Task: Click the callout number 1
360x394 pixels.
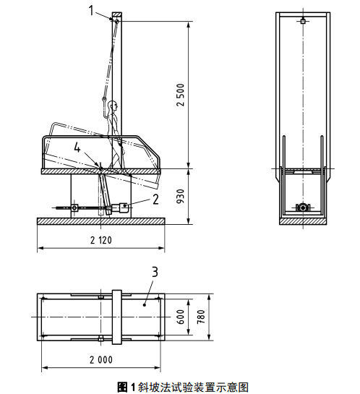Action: (x=91, y=11)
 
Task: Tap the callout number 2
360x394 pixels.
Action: (x=155, y=200)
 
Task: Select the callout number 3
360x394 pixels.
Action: (x=155, y=272)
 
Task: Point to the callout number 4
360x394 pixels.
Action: (x=77, y=147)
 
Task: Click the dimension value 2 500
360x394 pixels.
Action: (x=181, y=95)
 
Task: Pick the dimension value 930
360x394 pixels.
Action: (x=181, y=197)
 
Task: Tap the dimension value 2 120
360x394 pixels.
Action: (x=101, y=240)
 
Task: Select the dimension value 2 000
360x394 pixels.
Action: (x=101, y=360)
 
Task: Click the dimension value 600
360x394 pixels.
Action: (x=181, y=317)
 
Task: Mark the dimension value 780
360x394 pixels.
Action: (x=201, y=317)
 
